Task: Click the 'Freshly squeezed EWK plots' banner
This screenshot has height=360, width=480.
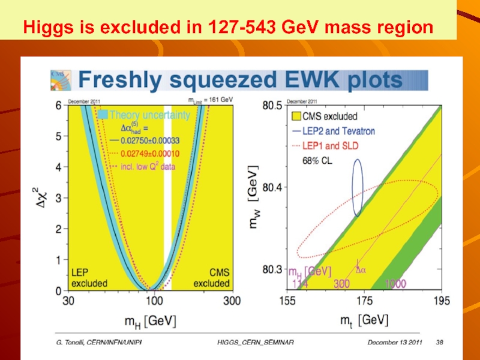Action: click(x=240, y=80)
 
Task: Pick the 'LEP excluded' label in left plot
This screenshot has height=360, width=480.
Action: click(x=89, y=277)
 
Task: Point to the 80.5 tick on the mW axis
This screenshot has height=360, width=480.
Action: click(x=274, y=106)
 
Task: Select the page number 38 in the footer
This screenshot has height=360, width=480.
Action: click(x=440, y=341)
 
